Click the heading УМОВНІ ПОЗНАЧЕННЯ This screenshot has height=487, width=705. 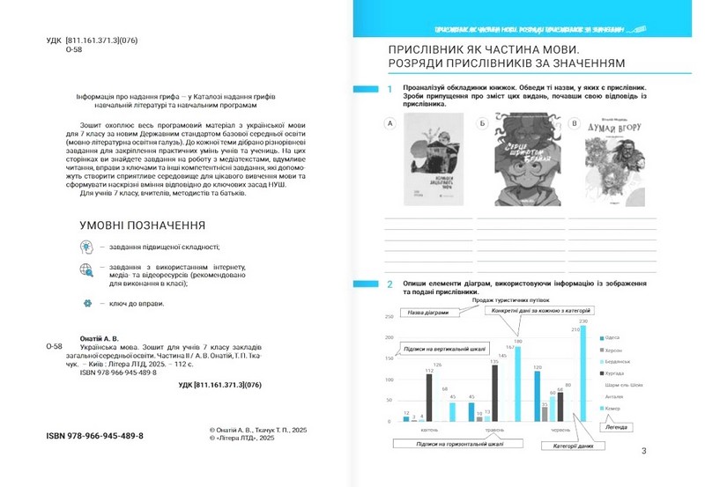[143, 225]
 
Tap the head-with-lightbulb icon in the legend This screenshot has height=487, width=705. [86, 247]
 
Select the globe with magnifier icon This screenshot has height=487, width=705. [86, 271]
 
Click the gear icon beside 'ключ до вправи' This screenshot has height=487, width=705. [86, 303]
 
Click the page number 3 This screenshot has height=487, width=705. [643, 452]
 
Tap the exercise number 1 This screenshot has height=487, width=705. [389, 90]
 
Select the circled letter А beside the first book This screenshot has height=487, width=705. [390, 124]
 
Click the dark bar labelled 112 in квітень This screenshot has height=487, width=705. [429, 397]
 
